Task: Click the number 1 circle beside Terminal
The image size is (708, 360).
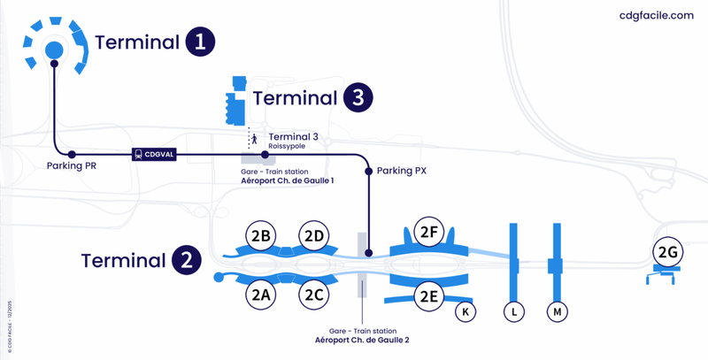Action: point(201,42)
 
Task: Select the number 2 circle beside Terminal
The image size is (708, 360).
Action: point(187,261)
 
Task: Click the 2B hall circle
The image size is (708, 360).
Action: point(261,236)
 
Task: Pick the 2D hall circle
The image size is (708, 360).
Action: point(315,236)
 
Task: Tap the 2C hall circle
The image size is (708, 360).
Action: point(315,295)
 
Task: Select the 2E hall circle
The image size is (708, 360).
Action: point(429,296)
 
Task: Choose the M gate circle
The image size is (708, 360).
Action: point(558,311)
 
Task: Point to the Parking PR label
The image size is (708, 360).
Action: point(72,165)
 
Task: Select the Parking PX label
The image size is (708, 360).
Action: point(402,171)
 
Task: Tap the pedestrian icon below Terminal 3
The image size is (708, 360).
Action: point(254,139)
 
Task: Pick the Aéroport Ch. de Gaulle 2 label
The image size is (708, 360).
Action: point(368,340)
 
